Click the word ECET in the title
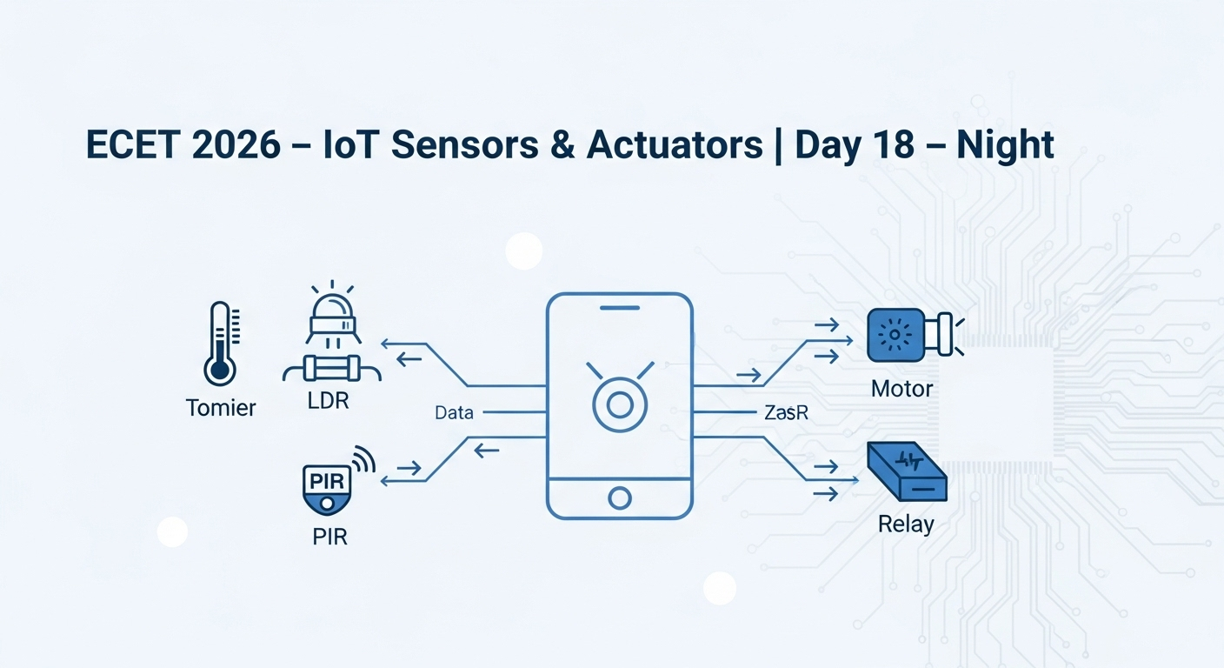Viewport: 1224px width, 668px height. click(x=133, y=145)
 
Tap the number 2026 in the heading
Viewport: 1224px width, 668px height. click(x=236, y=145)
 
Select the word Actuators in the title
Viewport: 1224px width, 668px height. click(x=675, y=145)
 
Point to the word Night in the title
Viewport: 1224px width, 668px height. click(x=1005, y=146)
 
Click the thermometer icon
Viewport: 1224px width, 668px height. click(x=222, y=344)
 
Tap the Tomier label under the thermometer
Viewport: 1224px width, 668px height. click(x=221, y=408)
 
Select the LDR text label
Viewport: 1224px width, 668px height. click(x=328, y=401)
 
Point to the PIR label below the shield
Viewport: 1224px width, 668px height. click(x=329, y=537)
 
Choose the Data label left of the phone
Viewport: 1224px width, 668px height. click(x=454, y=413)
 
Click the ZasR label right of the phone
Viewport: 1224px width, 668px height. click(x=786, y=412)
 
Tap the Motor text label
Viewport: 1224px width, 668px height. click(x=901, y=389)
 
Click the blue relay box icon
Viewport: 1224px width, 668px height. click(x=907, y=471)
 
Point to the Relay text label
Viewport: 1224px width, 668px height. click(x=906, y=524)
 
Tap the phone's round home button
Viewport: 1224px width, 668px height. click(x=620, y=498)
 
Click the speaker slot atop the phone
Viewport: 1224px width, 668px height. click(x=620, y=308)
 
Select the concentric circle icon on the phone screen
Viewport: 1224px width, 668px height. click(x=620, y=405)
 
